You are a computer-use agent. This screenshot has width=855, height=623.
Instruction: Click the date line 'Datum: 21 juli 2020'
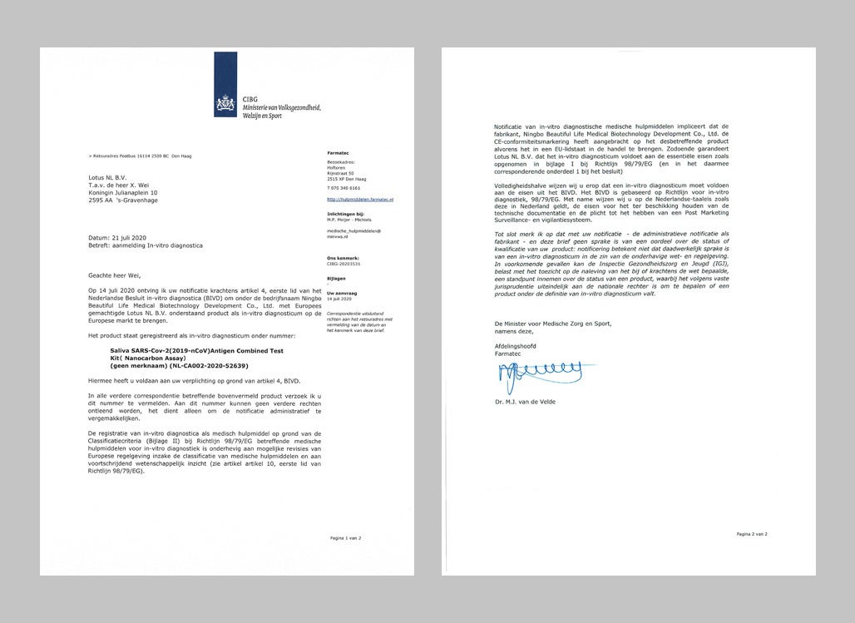(x=122, y=236)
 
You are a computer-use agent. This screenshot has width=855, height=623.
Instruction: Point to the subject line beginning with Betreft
(x=146, y=245)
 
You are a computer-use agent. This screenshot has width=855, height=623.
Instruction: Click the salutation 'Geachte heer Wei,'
(x=116, y=273)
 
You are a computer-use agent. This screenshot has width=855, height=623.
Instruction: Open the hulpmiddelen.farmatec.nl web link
(x=360, y=200)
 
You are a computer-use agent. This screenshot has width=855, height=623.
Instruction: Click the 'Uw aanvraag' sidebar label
(x=342, y=294)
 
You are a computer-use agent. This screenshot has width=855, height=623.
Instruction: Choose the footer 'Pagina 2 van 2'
(x=752, y=533)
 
